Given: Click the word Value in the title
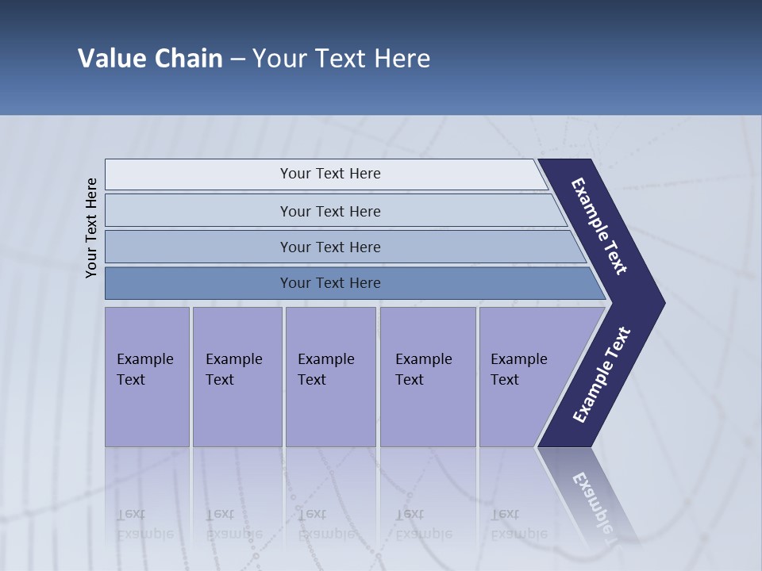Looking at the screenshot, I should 110,59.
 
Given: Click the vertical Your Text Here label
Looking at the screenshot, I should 92,228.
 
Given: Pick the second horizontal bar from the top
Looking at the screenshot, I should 329,211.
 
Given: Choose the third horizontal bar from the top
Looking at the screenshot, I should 329,247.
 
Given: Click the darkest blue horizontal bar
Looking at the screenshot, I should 329,283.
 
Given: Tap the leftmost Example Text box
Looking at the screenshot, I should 147,376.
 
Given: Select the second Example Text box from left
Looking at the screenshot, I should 237,376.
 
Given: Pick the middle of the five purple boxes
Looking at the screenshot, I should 330,376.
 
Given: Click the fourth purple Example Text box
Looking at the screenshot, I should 428,376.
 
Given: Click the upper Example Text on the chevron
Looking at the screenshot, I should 599,226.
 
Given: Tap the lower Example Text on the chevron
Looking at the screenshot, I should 601,375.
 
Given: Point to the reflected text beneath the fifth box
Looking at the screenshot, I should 518,524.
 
